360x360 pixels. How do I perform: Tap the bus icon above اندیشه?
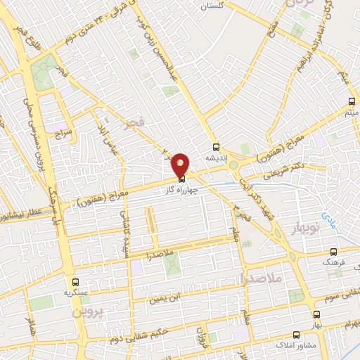point(217,148)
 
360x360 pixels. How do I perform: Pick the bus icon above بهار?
point(316,314)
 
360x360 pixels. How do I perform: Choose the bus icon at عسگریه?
point(76,280)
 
